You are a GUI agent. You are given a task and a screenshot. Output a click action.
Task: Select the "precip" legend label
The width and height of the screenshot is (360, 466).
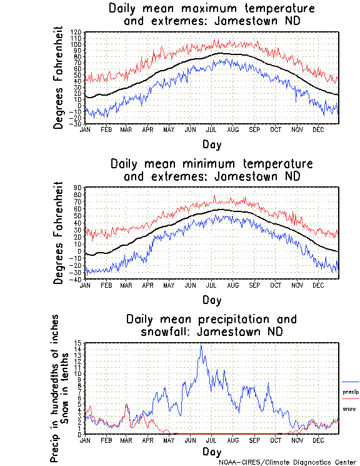point(350,392)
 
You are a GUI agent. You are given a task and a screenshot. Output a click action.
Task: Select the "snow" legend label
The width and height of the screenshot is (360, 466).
point(348,408)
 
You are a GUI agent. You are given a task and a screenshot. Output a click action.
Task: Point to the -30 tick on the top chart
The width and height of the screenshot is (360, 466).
point(76,124)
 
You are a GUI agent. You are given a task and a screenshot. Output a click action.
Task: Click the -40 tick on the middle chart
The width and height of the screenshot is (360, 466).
point(76,279)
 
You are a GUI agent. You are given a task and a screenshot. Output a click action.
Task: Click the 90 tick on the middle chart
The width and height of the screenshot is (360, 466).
point(78,187)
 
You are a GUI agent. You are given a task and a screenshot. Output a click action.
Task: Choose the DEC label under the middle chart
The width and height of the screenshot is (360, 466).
point(318,285)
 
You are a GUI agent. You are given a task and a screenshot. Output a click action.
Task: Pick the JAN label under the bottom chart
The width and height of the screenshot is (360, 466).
point(86,440)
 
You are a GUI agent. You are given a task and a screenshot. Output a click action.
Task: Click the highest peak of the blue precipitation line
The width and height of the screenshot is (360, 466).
point(201,345)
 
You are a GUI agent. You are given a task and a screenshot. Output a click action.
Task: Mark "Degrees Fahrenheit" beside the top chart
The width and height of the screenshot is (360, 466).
point(59,78)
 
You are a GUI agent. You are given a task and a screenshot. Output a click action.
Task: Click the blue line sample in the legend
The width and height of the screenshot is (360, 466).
point(350,381)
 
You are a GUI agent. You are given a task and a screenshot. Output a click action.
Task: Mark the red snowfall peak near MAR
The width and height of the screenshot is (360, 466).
point(127,404)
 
